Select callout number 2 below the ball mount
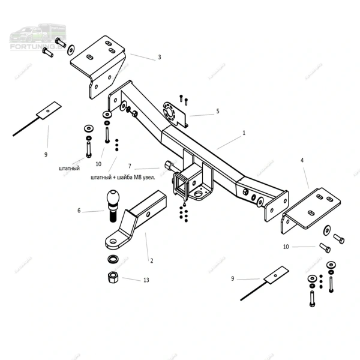pyautogui.click(x=151, y=260)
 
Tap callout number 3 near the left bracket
pyautogui.click(x=160, y=58)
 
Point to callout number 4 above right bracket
pyautogui.click(x=302, y=160)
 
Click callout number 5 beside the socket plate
pyautogui.click(x=218, y=111)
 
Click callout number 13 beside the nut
pyautogui.click(x=145, y=280)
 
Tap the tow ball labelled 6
pyautogui.click(x=113, y=201)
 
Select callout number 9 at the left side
pyautogui.click(x=46, y=155)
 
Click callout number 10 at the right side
pyautogui.click(x=286, y=247)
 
